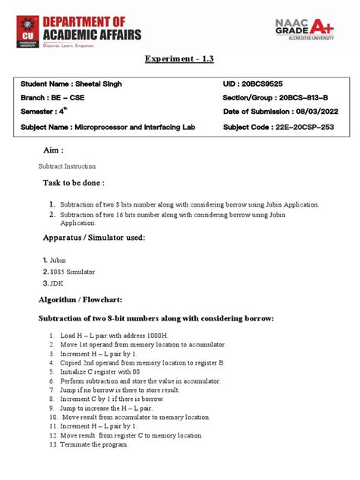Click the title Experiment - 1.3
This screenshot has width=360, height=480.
180,60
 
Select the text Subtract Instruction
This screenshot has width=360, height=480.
68,166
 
